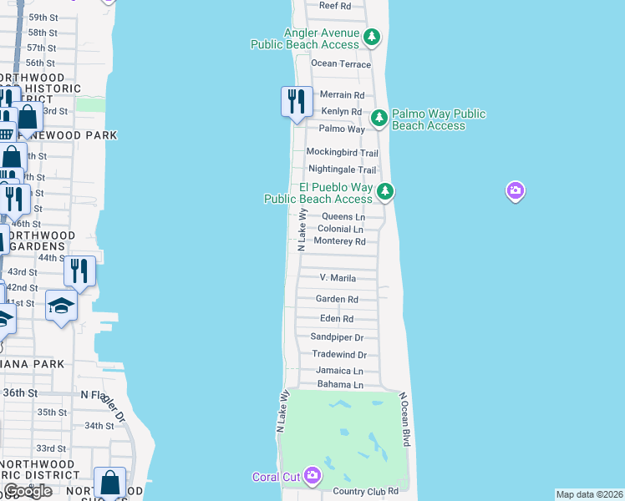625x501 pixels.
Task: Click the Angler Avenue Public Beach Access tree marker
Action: (372, 37)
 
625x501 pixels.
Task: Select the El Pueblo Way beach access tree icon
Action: (384, 191)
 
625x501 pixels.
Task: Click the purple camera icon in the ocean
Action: (516, 191)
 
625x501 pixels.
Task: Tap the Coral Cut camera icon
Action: (312, 476)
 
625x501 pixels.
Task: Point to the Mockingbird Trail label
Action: (342, 153)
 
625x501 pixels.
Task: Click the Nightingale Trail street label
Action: (343, 170)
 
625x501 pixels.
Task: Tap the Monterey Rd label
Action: (339, 241)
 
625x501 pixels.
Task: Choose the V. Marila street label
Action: (338, 278)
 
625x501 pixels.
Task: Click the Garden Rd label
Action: (337, 299)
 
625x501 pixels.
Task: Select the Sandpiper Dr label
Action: (337, 337)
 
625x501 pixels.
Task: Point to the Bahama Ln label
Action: (340, 385)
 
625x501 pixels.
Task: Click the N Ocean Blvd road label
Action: (407, 419)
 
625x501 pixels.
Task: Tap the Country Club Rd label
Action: (366, 493)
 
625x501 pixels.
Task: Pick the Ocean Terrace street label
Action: (340, 63)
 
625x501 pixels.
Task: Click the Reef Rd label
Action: (335, 6)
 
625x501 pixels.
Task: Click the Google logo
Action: (27, 491)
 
